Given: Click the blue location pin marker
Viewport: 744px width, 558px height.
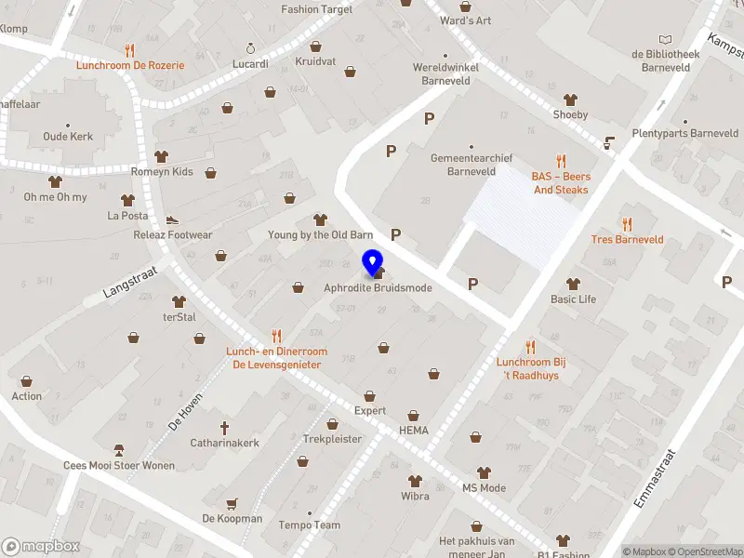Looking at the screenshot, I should [x=372, y=264].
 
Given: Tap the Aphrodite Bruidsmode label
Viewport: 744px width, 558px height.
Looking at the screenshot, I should [x=378, y=288].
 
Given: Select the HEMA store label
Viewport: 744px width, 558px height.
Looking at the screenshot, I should [x=413, y=431].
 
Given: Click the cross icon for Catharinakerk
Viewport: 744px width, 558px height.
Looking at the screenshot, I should [x=224, y=428].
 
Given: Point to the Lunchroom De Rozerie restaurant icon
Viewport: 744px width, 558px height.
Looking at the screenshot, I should [x=130, y=50].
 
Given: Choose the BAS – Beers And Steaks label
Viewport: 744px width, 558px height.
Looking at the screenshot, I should [x=561, y=183].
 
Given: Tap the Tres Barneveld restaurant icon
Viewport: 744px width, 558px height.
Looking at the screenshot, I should [x=627, y=224].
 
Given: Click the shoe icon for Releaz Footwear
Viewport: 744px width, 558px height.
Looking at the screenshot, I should [x=172, y=220].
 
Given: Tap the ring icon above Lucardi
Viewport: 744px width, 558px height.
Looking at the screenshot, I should [x=249, y=48].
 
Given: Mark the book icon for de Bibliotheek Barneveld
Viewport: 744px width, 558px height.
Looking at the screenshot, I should [x=664, y=39].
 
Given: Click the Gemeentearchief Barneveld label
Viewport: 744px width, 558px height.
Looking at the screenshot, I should [x=472, y=165].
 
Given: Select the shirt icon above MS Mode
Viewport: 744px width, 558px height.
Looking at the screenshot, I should [x=484, y=473].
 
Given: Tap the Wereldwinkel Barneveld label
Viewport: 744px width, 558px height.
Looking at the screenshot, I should [x=442, y=74].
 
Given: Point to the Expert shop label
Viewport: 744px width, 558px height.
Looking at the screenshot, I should [x=369, y=410].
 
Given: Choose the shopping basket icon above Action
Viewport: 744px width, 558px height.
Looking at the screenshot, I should [x=26, y=381].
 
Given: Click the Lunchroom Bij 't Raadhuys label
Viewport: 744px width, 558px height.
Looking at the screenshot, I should [x=531, y=368].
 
